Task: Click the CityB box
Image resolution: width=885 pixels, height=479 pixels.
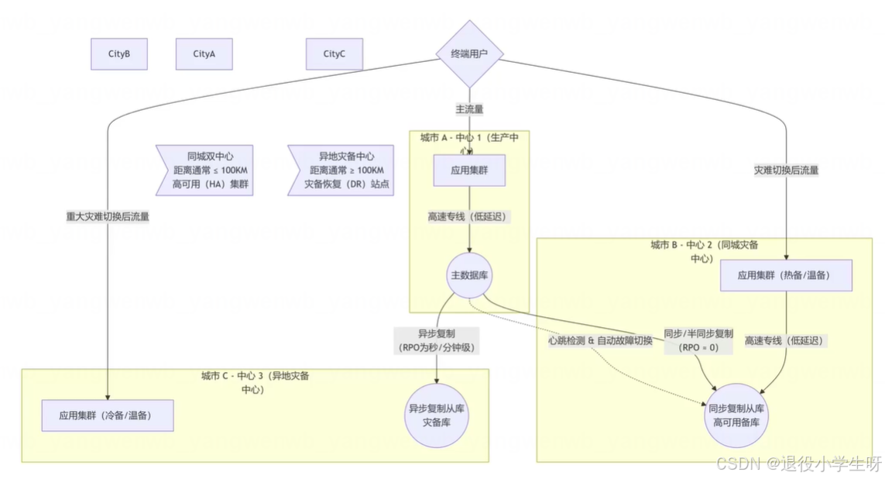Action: [118, 54]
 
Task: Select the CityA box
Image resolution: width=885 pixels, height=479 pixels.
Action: [204, 54]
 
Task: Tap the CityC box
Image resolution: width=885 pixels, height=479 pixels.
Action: [334, 54]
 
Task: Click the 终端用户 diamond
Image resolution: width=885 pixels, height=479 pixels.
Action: [468, 54]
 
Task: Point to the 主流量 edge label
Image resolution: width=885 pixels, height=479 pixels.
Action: [469, 109]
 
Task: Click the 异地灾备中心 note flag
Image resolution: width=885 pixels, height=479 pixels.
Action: [341, 170]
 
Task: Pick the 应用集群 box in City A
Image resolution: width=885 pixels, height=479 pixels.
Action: [468, 170]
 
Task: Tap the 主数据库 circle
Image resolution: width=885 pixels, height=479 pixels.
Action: [468, 275]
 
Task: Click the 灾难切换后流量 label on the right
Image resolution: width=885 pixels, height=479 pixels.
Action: [786, 170]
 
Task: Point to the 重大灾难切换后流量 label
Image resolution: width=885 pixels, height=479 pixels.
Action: [108, 217]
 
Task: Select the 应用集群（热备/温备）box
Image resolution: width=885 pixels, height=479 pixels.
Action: [786, 275]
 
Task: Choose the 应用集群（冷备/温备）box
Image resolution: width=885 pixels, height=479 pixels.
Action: [107, 415]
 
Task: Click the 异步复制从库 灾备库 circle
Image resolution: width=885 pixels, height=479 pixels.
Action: [437, 415]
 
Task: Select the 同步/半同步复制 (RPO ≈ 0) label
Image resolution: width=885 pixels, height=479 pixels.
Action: [698, 340]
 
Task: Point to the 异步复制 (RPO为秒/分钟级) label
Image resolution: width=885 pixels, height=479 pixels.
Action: [437, 340]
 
